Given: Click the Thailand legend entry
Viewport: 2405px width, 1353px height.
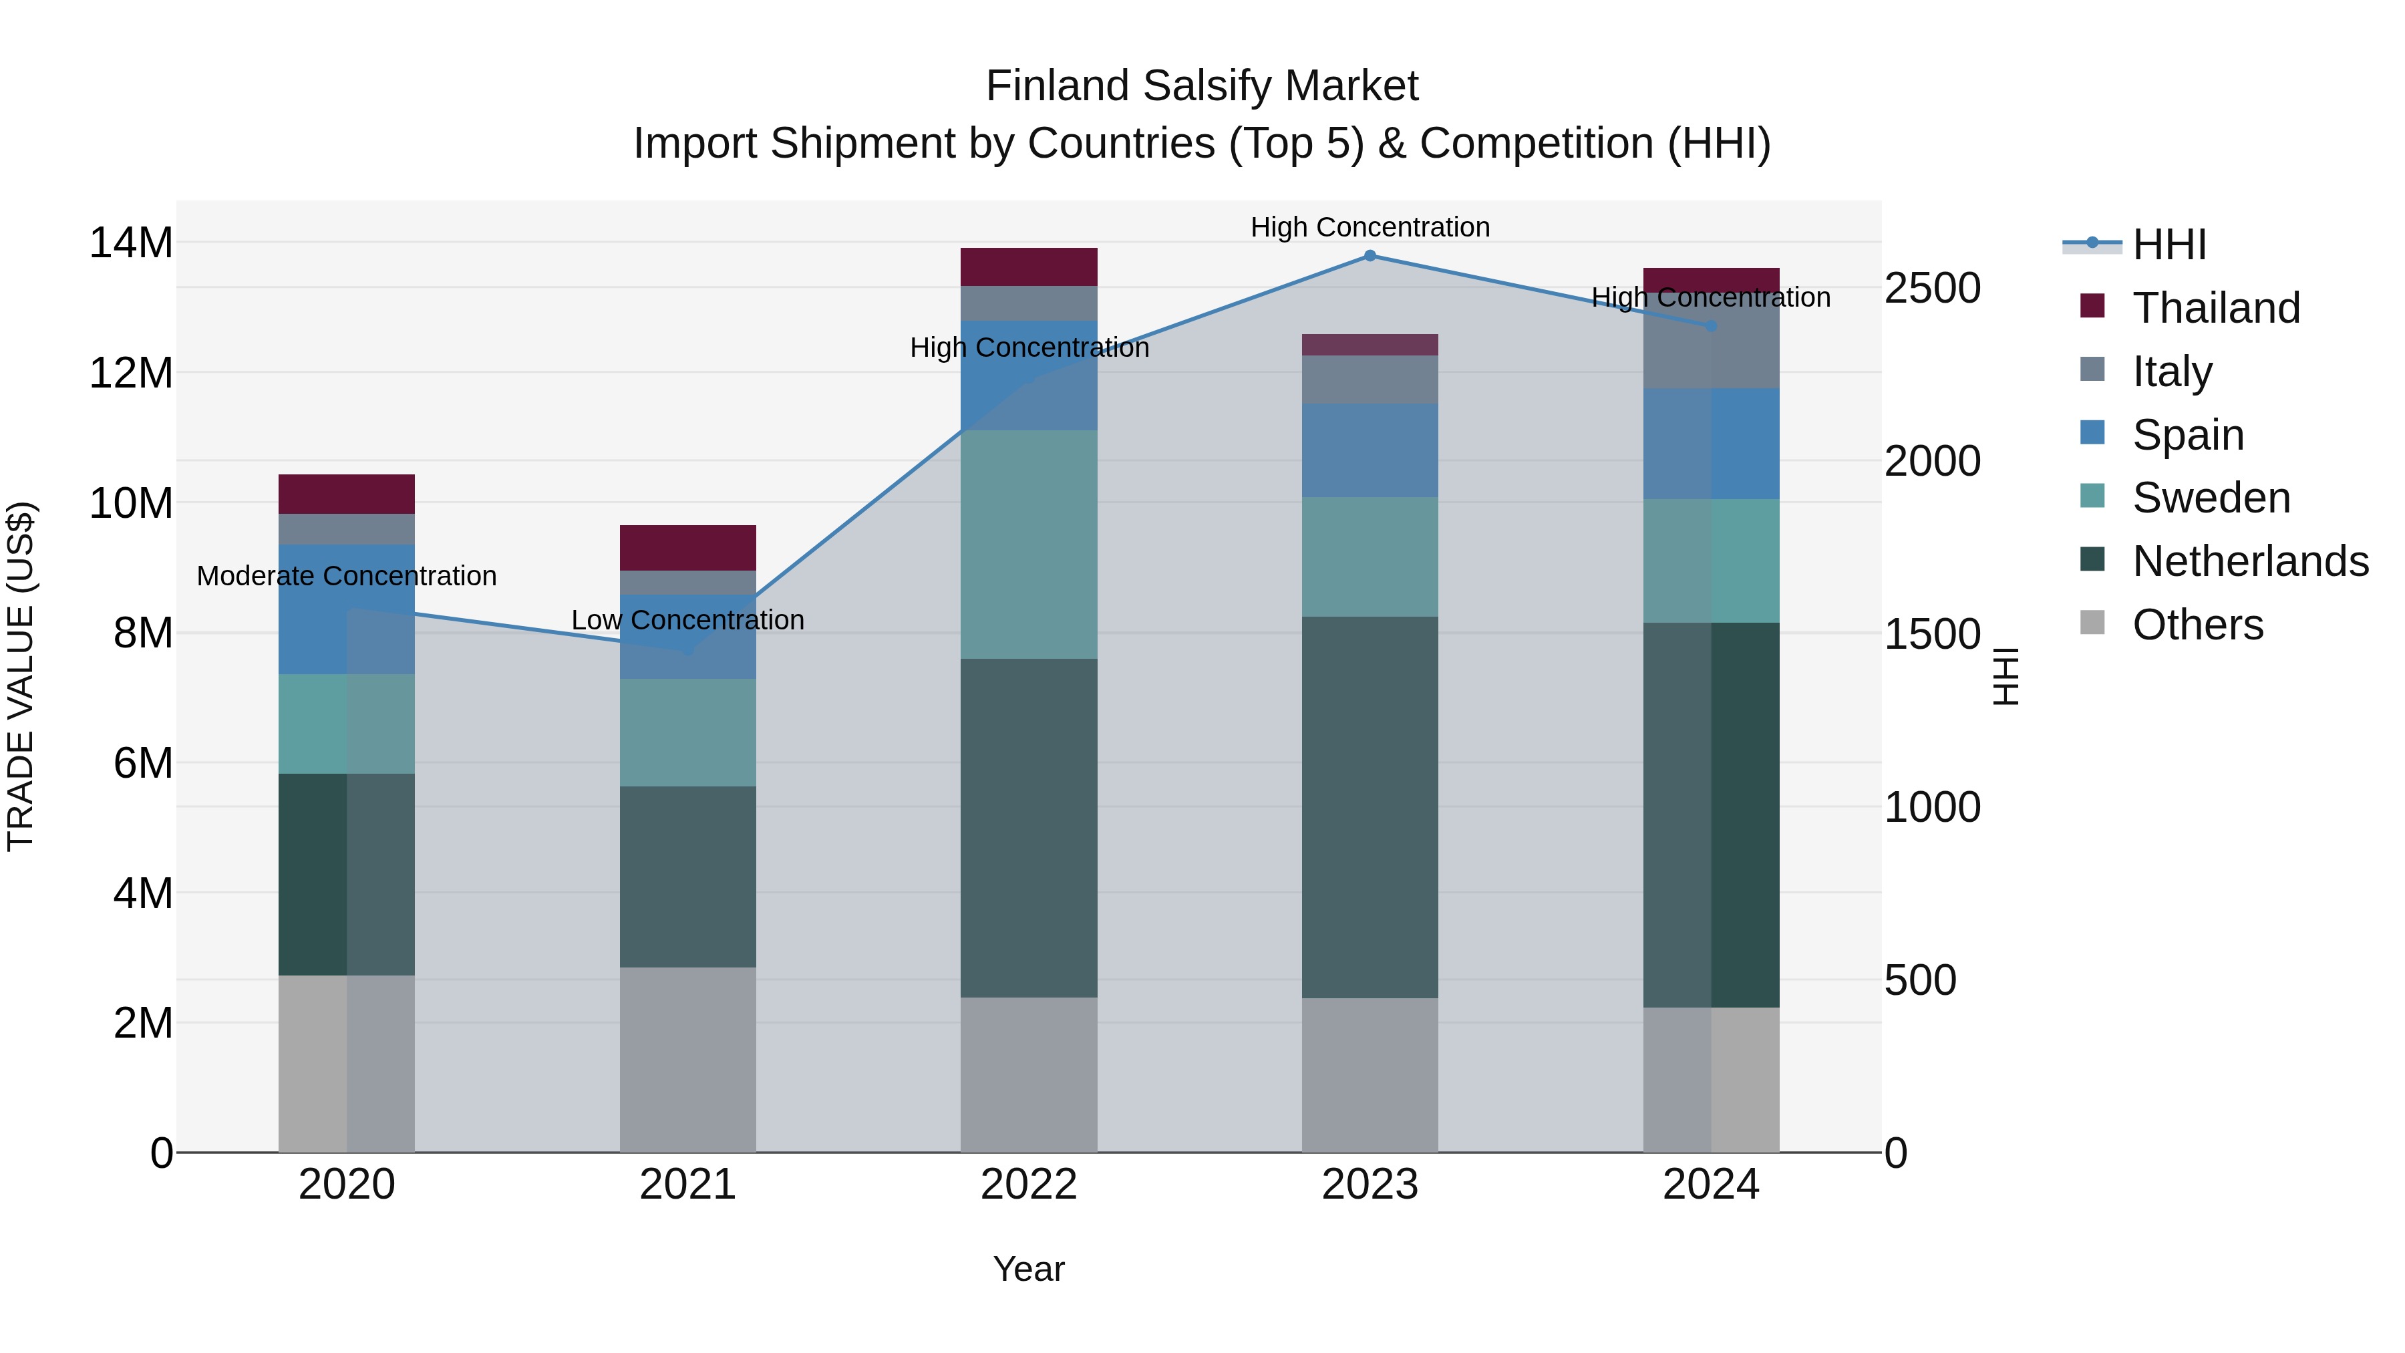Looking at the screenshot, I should click(2215, 308).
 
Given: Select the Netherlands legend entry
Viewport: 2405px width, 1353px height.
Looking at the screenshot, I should click(2250, 561).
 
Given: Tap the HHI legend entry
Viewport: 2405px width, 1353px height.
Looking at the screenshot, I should click(2169, 245).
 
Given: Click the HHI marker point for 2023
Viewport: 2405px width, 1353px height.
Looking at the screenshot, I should click(1370, 256).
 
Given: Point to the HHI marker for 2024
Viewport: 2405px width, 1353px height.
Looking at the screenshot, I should click(1710, 326).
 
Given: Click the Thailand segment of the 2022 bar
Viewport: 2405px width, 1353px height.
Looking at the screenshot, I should click(1029, 267).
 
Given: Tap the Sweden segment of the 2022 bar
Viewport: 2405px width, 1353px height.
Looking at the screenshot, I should click(1029, 545).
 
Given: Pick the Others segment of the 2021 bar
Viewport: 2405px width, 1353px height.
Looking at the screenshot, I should click(687, 1059).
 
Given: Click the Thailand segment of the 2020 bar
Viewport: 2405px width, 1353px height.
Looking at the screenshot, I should click(346, 494).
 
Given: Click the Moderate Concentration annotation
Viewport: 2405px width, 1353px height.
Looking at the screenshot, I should click(346, 576).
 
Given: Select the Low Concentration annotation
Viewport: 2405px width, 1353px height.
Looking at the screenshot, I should click(687, 620).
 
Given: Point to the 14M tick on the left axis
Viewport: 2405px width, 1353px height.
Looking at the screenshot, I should click(131, 243).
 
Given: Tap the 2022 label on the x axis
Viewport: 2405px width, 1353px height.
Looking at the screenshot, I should click(1029, 1185).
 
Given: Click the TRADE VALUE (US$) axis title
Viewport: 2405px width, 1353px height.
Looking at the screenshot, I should click(21, 676).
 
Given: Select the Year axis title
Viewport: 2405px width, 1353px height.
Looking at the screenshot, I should click(1029, 1269).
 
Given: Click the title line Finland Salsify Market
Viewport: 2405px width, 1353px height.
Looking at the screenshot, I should click(1202, 86).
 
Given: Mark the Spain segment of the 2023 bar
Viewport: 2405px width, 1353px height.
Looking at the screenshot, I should click(1370, 450).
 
